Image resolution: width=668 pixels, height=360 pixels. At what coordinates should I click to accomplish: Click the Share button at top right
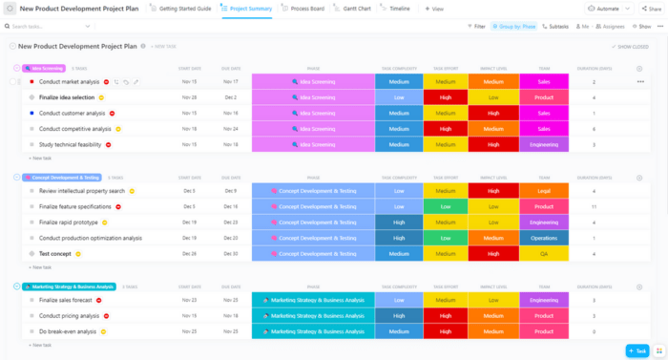[651, 8]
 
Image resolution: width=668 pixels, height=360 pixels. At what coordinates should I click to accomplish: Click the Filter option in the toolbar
[476, 27]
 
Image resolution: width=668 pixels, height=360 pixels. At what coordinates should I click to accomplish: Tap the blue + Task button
[637, 350]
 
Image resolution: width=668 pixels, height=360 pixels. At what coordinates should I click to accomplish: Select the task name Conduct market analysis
[69, 82]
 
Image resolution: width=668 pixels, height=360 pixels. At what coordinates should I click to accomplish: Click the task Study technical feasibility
[70, 144]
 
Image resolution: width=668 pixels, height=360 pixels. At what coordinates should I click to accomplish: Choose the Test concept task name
[54, 254]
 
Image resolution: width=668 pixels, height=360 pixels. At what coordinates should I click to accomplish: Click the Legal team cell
[544, 191]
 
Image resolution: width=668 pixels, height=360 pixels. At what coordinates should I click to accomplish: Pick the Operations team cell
[544, 238]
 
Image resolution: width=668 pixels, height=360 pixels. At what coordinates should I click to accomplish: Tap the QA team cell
[544, 254]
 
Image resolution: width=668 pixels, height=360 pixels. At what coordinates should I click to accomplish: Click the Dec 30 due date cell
[231, 254]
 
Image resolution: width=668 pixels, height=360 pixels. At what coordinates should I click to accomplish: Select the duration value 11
[594, 206]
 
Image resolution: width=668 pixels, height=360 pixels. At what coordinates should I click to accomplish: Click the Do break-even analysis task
[67, 331]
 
